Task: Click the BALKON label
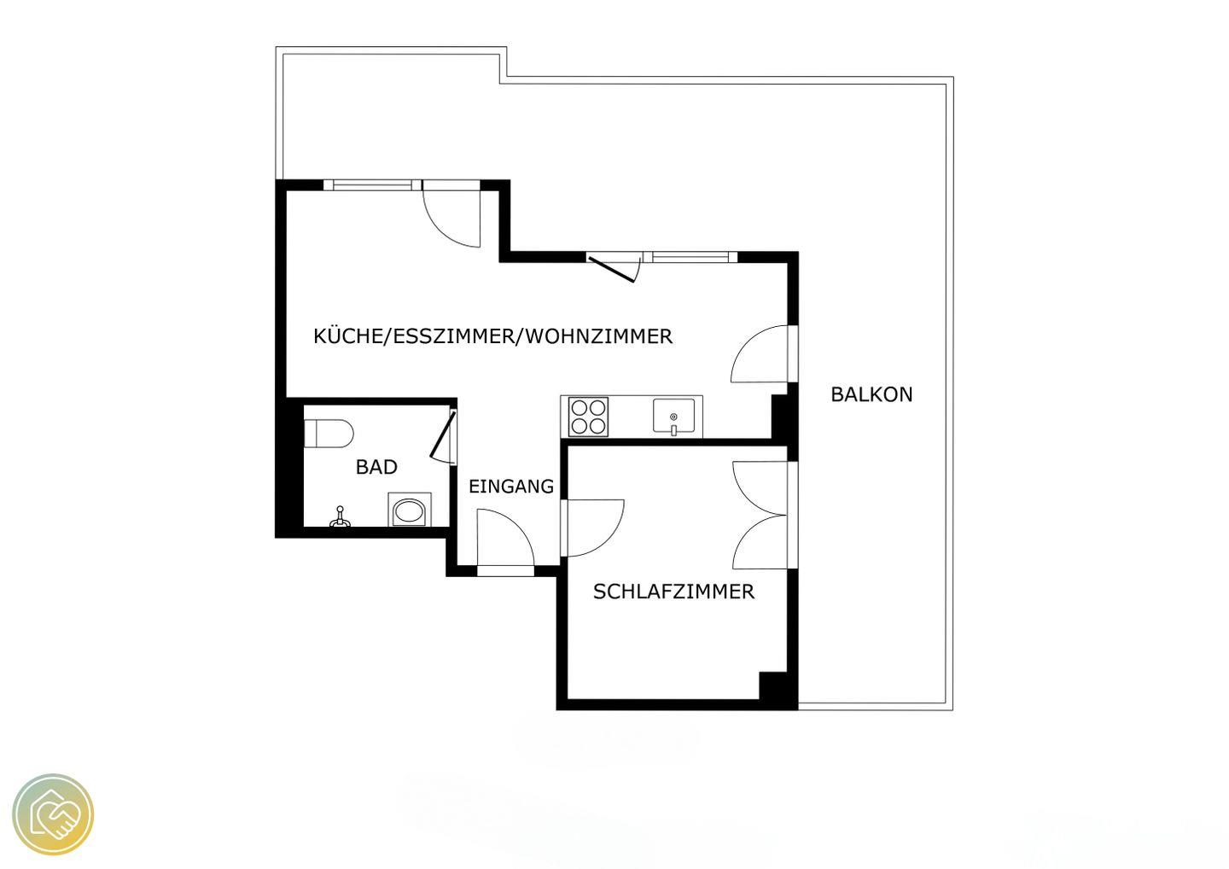871,394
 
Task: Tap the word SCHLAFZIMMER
673,592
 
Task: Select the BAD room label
376,467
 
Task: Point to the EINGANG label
511,486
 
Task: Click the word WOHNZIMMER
599,335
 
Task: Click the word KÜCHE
348,335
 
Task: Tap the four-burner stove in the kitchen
588,417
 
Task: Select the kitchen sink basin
673,416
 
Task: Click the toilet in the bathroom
328,434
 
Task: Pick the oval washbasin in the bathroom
410,511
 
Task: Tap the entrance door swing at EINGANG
505,538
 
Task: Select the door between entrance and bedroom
593,528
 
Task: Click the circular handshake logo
53,814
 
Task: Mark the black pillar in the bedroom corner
773,685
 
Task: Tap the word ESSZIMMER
452,335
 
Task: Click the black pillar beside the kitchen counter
780,417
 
